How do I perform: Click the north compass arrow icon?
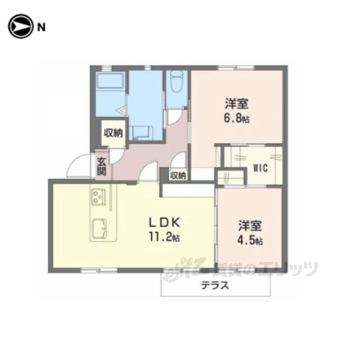pos(20,26)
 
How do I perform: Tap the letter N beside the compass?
pos(41,28)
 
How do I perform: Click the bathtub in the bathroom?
pos(110,81)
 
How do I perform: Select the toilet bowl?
pos(177,82)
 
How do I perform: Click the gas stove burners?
pos(99,197)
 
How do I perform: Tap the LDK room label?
pos(164,222)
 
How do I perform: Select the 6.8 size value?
pos(237,119)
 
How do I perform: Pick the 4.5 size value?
pos(250,240)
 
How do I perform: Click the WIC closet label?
pos(260,168)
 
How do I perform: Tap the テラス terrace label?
pos(215,286)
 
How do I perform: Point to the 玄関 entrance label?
pos(101,166)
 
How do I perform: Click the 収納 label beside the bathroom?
pos(114,133)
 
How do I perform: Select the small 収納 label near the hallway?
pos(178,175)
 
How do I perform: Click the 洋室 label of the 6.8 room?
pos(236,103)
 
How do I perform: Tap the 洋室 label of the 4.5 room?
pos(250,226)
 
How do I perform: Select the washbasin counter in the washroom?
pos(141,133)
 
